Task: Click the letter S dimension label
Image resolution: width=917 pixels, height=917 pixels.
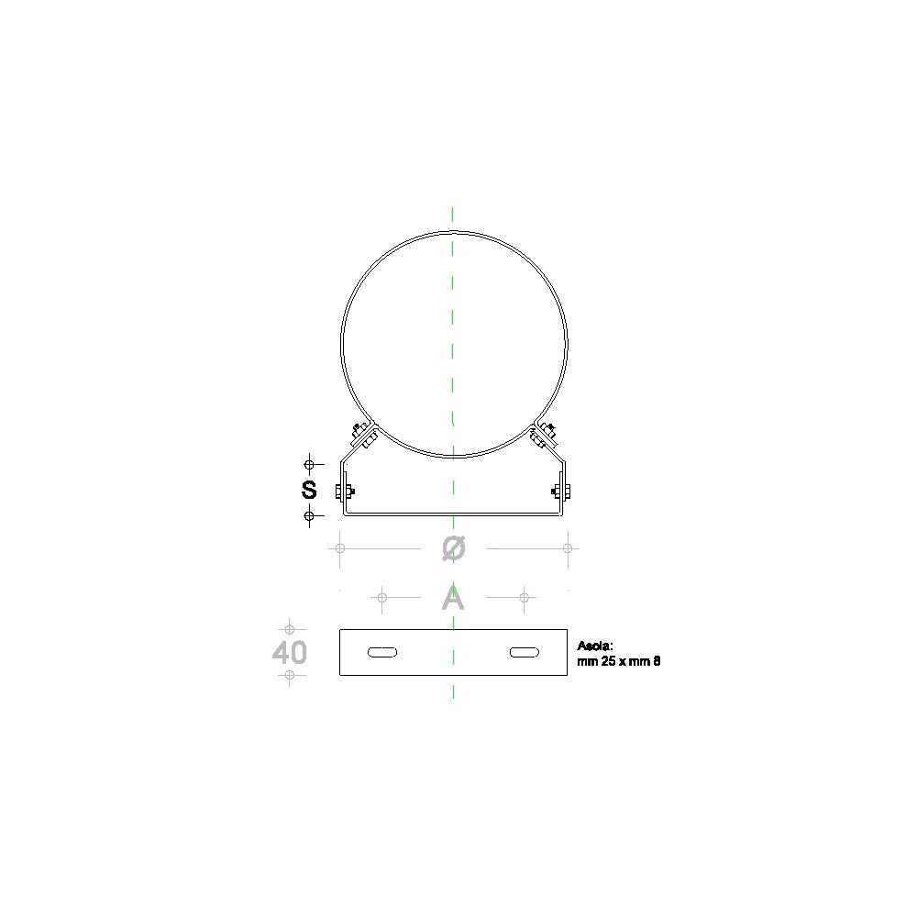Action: (x=309, y=490)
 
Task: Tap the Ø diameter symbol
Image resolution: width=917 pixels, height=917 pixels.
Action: (x=454, y=548)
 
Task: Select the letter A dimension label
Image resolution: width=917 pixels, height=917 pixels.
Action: (x=453, y=598)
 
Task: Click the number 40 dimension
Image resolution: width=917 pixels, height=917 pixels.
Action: (x=290, y=652)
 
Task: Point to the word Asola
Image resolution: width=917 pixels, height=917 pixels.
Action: (x=595, y=646)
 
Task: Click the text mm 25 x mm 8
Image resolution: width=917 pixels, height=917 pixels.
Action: (x=619, y=661)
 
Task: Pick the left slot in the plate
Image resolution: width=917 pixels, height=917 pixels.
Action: (x=382, y=652)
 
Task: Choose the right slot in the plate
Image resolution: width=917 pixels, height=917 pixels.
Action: (x=525, y=652)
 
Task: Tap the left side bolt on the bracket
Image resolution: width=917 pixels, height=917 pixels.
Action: (x=345, y=492)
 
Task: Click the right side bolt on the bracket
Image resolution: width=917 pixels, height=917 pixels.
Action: (x=561, y=492)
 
